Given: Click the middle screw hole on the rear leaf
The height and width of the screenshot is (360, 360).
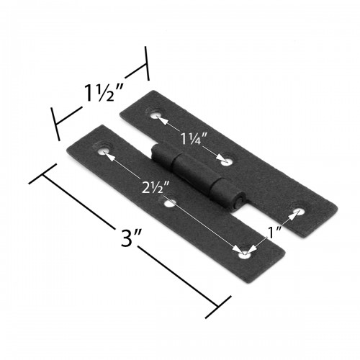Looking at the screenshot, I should click(226, 161).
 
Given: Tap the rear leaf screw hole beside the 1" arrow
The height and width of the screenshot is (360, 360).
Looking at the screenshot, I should click(295, 212).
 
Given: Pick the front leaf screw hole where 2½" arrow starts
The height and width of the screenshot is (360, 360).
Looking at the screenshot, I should click(107, 152).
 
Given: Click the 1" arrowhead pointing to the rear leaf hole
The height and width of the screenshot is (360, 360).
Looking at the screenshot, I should click(289, 217).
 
